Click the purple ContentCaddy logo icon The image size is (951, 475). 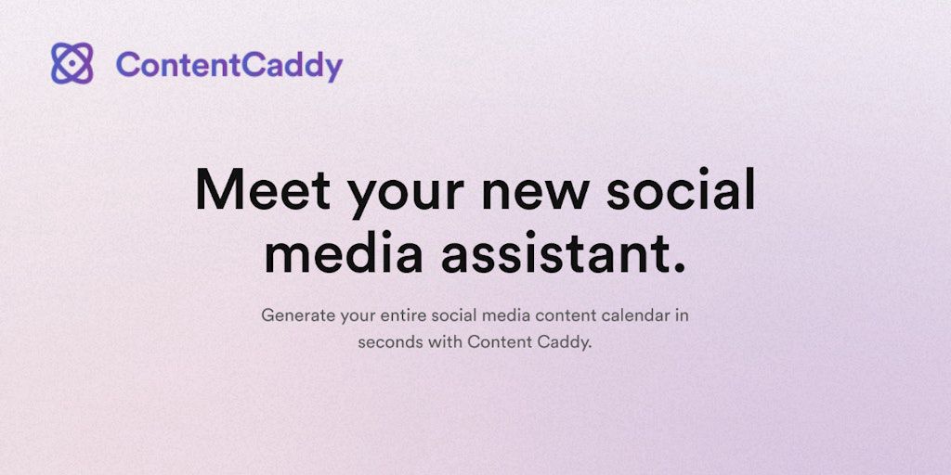(72, 63)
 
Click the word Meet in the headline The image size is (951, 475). (263, 189)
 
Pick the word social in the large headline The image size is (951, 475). (681, 188)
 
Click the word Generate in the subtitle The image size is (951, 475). (298, 315)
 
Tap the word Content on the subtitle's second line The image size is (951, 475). (500, 342)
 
